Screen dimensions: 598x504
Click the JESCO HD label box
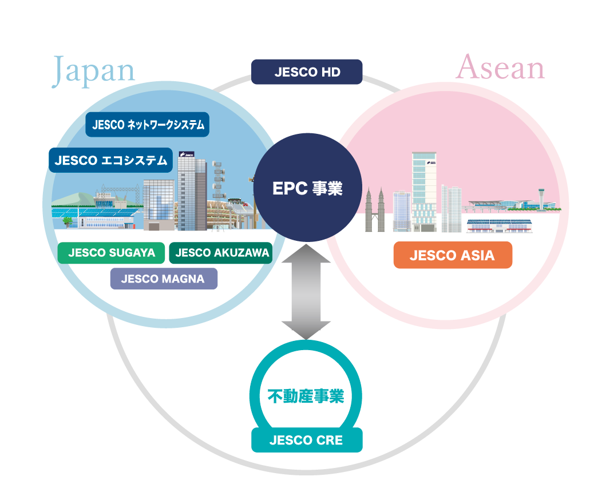pos(307,72)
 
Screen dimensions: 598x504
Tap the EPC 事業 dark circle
pos(307,188)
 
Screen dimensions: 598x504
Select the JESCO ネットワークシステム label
pos(148,124)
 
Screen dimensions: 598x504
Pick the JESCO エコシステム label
pos(110,160)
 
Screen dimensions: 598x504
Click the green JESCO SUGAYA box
pos(111,253)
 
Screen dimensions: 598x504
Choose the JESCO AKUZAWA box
pos(221,253)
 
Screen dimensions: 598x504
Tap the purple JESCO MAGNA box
pos(164,279)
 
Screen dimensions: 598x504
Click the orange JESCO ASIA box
pos(453,255)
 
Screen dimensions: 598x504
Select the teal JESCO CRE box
pos(307,440)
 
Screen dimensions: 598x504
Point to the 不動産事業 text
pos(306,396)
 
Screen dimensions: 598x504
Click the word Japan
pos(93,70)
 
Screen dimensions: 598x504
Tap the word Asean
pos(500,68)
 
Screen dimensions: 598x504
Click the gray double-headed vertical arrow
pos(306,292)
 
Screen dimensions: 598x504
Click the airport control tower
pos(541,199)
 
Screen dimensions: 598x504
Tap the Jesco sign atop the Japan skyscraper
pos(187,154)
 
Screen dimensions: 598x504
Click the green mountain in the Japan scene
pos(76,199)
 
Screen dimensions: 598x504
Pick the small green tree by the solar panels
pos(68,221)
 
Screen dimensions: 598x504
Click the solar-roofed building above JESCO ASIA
pos(499,226)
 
